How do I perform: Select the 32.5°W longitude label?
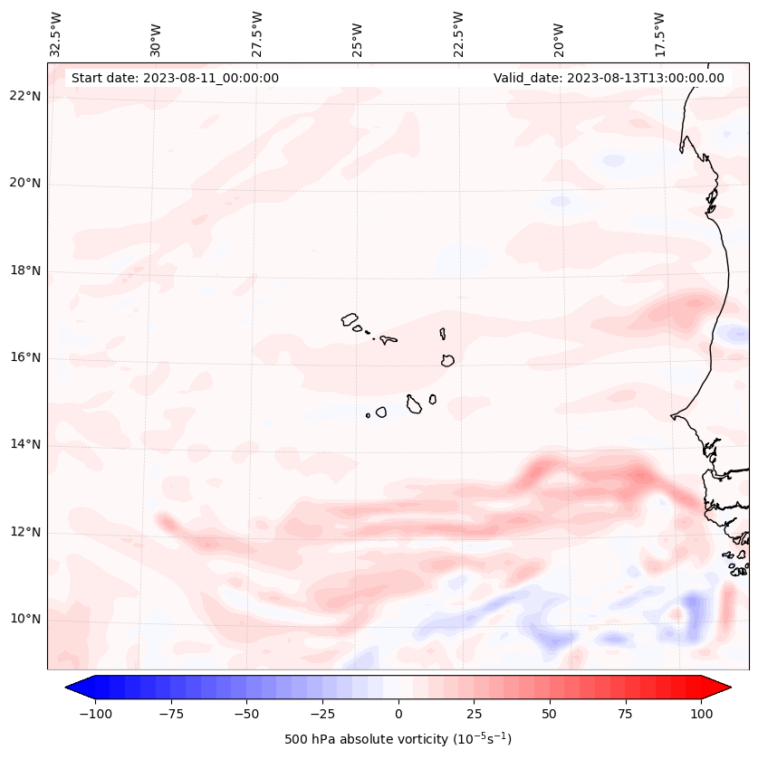pyautogui.click(x=56, y=33)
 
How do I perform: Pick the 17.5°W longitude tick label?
pyautogui.click(x=659, y=33)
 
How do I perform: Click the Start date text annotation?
pyautogui.click(x=175, y=78)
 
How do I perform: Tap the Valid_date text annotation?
pyautogui.click(x=609, y=78)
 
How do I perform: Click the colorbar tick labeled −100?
pyautogui.click(x=95, y=714)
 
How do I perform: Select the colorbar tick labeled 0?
pyautogui.click(x=398, y=714)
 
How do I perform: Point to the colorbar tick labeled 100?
pyautogui.click(x=701, y=714)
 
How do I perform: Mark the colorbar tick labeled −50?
pyautogui.click(x=246, y=714)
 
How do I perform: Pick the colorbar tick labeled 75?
pyautogui.click(x=626, y=714)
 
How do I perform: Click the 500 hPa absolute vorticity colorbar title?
pyautogui.click(x=398, y=739)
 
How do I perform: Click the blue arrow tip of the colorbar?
pyautogui.click(x=73, y=688)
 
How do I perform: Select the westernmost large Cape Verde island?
pyautogui.click(x=350, y=318)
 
